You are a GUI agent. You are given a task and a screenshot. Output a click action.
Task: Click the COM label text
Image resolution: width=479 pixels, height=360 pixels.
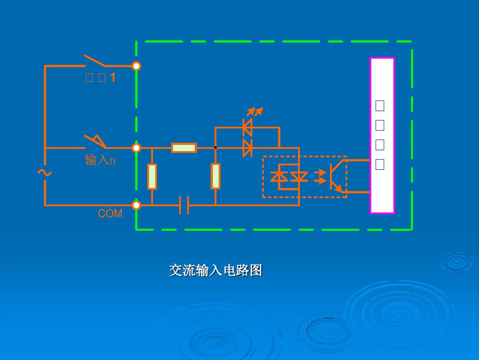click(110, 214)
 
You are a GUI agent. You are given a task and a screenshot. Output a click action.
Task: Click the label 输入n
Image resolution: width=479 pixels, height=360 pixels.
click(100, 160)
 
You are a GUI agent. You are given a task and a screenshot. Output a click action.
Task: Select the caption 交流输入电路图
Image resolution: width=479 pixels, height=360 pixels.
click(216, 270)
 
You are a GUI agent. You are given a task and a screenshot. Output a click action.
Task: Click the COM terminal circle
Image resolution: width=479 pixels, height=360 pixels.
click(137, 205)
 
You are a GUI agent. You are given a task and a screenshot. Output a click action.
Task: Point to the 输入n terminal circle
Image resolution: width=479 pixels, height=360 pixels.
click(137, 148)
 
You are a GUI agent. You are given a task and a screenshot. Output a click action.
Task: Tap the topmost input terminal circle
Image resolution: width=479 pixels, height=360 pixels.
click(137, 66)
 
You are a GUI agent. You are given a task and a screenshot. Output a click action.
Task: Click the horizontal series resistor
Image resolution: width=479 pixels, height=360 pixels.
click(184, 148)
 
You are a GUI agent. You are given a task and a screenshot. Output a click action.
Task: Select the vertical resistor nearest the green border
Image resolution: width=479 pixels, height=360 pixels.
click(152, 176)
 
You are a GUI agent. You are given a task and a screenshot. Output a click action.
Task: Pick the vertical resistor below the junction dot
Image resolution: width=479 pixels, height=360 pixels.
click(216, 176)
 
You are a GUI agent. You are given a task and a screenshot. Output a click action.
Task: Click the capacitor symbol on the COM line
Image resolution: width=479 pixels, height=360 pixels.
click(184, 205)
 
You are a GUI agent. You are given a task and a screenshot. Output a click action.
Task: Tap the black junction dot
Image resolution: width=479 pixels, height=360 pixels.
click(216, 148)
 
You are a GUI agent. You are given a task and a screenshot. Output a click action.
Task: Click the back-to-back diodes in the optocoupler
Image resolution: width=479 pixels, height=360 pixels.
click(290, 176)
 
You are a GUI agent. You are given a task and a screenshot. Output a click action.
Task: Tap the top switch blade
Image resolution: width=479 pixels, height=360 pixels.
click(95, 61)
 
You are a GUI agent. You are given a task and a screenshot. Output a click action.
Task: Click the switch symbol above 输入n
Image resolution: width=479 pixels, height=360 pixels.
click(96, 141)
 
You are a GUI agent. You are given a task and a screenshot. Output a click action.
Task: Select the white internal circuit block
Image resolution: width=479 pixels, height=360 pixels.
click(382, 136)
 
